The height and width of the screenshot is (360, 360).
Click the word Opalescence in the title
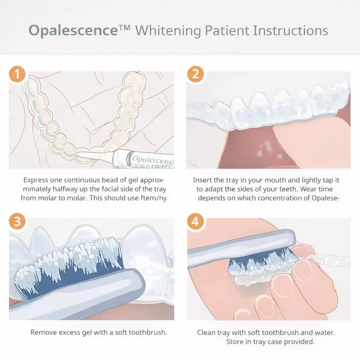(73, 31)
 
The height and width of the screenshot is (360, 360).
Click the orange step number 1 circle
(17, 75)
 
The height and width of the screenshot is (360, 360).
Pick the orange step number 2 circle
(195, 75)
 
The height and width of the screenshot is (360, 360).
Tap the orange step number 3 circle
(17, 222)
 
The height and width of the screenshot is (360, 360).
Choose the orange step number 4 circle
(195, 222)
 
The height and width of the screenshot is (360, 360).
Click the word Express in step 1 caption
(35, 180)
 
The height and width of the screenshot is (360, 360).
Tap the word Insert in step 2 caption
(204, 180)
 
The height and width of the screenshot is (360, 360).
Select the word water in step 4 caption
(325, 332)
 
